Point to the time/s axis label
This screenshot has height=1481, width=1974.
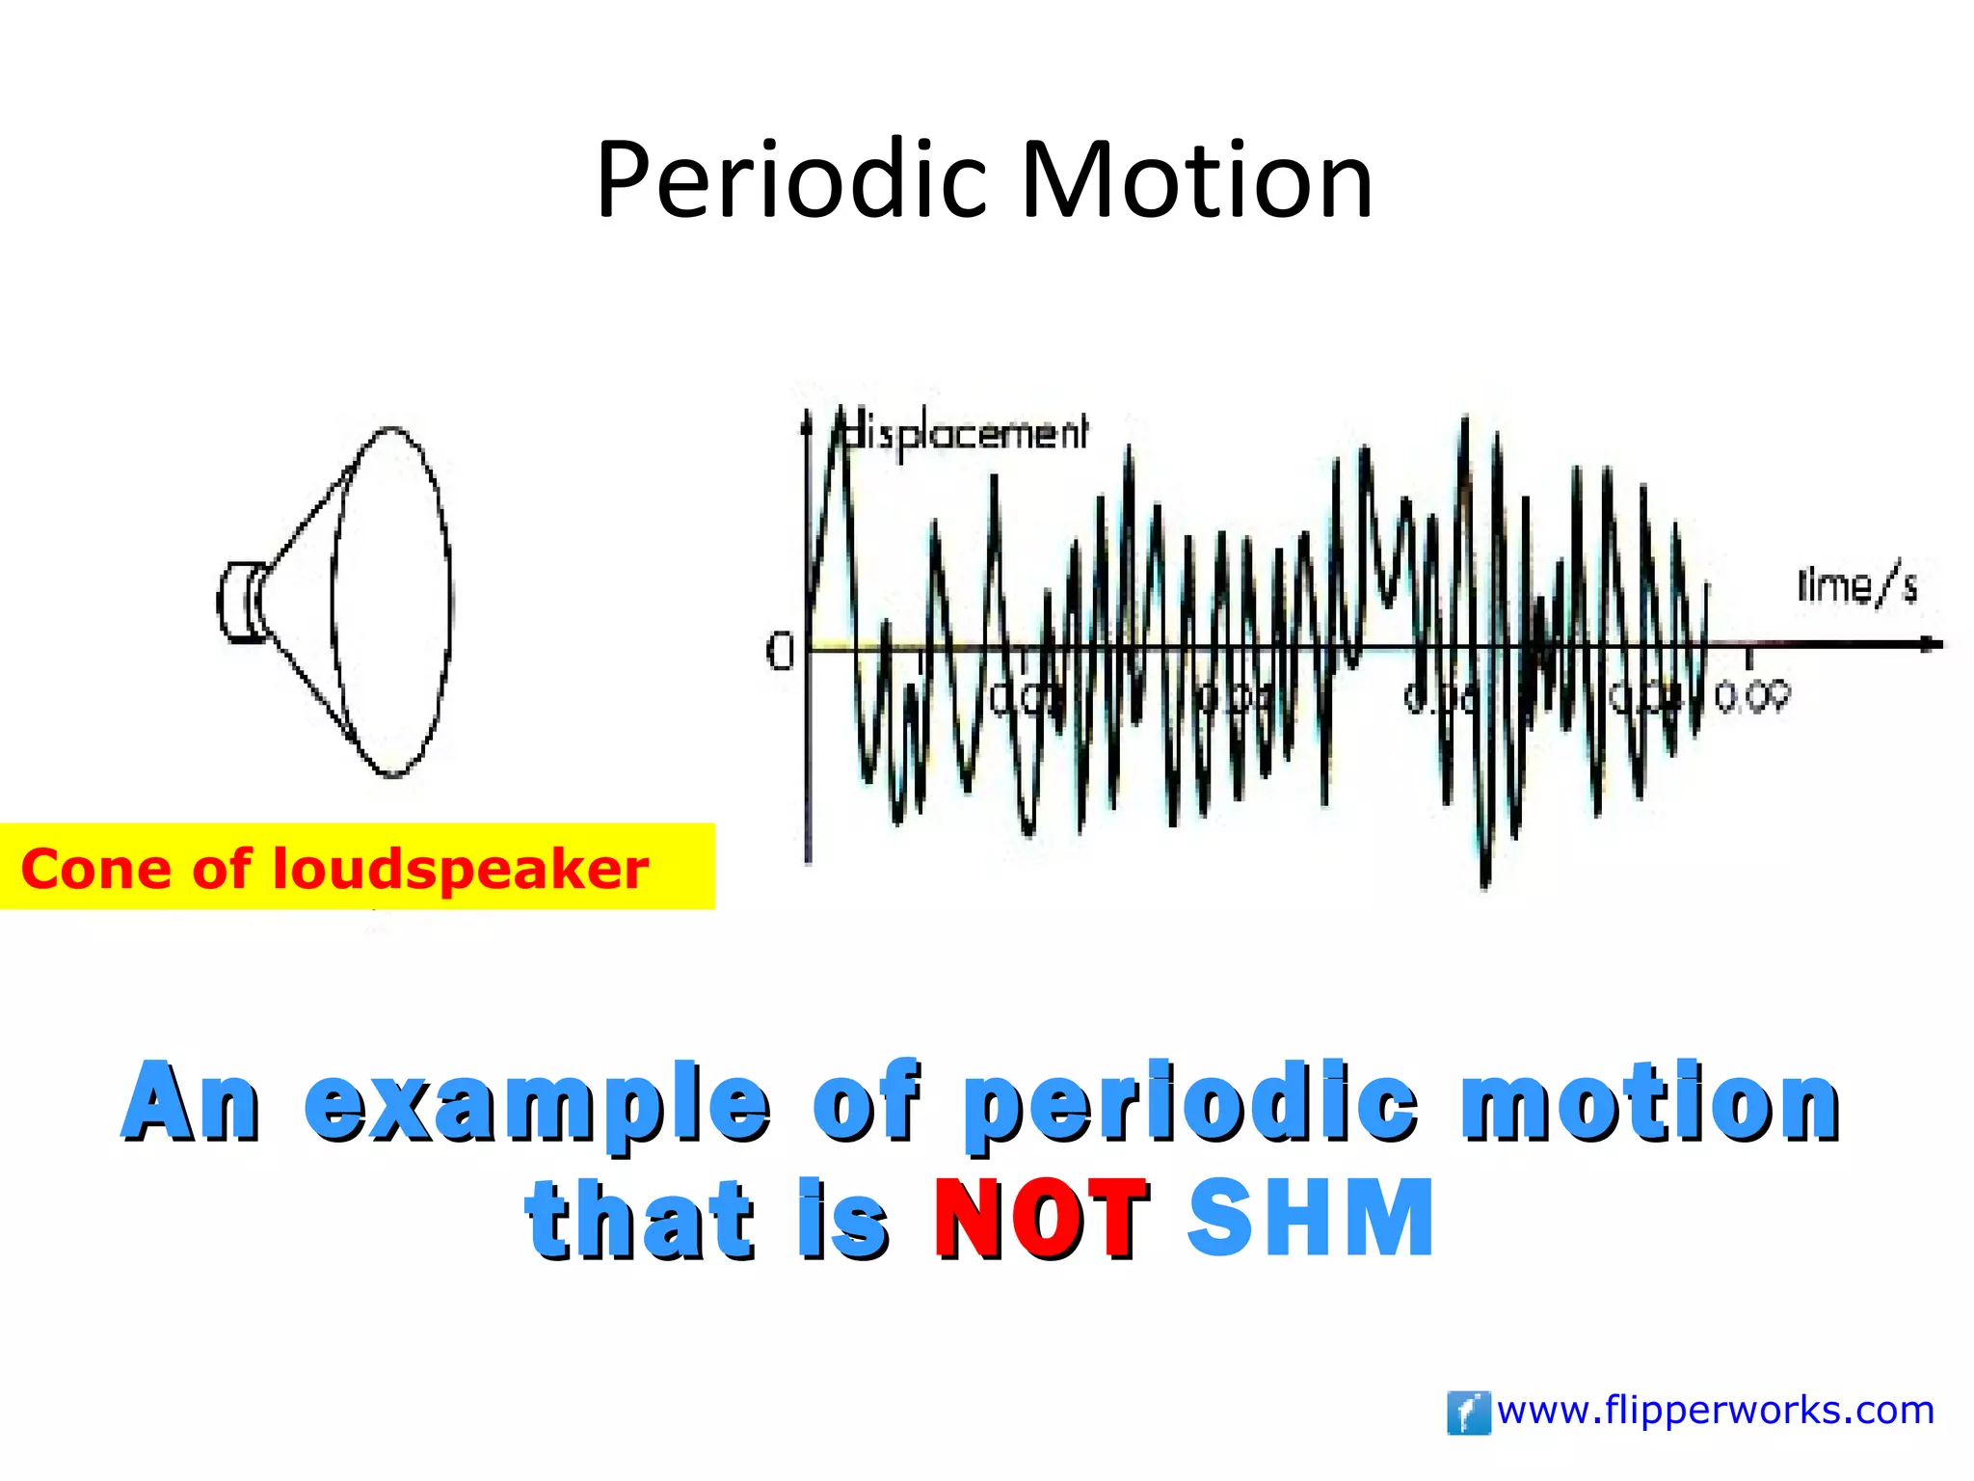1856,586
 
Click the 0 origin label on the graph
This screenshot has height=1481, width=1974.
779,652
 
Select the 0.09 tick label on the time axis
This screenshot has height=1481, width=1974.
1752,696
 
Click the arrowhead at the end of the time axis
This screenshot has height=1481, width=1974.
1930,644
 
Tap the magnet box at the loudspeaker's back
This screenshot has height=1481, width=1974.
238,602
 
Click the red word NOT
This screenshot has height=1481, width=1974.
1041,1220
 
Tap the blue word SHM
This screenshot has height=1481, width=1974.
1311,1218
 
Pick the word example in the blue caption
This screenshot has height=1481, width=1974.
537,1102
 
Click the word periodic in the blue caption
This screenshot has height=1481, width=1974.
1190,1102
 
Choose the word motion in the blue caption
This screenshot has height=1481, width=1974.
1650,1102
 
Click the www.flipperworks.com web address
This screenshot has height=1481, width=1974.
1716,1411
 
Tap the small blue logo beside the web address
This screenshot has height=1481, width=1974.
1468,1414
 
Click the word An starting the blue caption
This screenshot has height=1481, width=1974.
191,1102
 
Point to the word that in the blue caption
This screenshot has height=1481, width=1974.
638,1220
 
